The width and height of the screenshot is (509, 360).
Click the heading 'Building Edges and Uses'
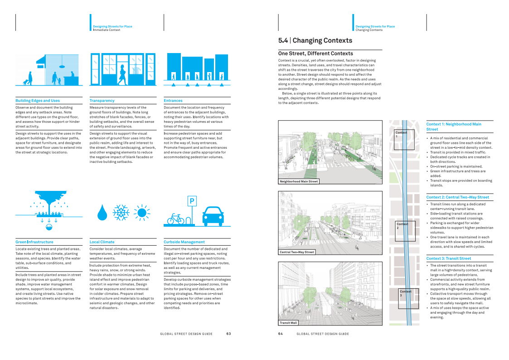click(38, 101)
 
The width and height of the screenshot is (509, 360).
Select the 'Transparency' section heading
click(102, 101)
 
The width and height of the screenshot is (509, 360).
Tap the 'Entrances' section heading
click(173, 101)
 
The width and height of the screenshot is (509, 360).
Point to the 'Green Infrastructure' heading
click(34, 242)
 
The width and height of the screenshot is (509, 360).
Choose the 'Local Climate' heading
click(102, 242)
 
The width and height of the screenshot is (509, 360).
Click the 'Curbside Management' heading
click(184, 242)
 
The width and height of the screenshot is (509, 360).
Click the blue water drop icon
click(102, 213)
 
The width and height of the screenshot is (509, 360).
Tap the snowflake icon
click(121, 213)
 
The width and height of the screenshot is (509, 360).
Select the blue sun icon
click(142, 213)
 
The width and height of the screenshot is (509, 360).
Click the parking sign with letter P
click(192, 201)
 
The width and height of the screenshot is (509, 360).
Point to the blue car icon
click(213, 216)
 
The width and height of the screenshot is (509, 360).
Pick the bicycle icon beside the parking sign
click(175, 219)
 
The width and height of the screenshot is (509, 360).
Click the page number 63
click(228, 334)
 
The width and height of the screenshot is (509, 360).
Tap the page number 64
click(281, 334)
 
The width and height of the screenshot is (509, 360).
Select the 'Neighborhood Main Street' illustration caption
click(299, 181)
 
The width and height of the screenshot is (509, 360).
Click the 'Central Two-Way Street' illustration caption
click(297, 252)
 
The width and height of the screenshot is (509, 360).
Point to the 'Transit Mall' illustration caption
click(288, 323)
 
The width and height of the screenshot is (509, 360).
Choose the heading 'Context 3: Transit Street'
click(449, 258)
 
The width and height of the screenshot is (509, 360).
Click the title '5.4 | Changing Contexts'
click(315, 40)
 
